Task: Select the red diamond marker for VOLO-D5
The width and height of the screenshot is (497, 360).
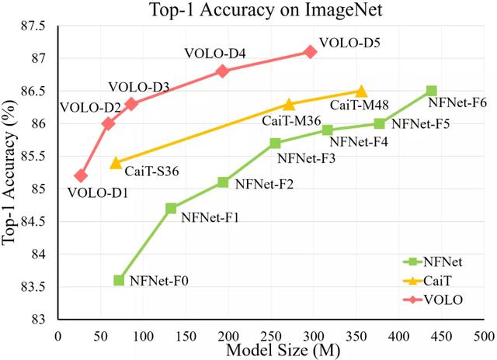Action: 311,51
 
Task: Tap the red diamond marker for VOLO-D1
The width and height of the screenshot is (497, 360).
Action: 81,175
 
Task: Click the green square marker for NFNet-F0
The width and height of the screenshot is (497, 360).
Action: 119,280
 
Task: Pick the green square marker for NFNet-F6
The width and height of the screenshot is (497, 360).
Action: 432,91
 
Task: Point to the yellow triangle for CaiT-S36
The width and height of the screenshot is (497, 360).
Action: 116,162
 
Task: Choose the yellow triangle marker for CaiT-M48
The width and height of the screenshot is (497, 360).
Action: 361,92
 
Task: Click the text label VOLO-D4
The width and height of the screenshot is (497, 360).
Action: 215,54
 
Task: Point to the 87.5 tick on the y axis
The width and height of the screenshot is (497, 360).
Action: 36,26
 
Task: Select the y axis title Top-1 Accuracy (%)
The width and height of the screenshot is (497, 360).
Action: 10,172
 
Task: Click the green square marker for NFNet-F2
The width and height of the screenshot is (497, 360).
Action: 223,182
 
